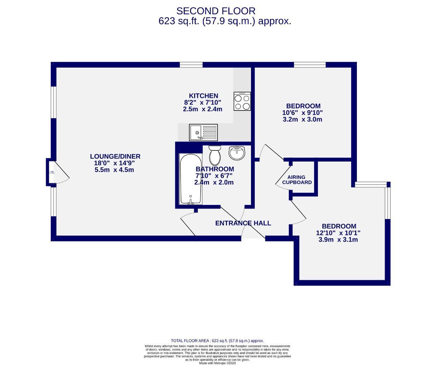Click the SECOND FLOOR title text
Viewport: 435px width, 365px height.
(x=216, y=11)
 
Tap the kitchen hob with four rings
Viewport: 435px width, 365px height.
(x=242, y=101)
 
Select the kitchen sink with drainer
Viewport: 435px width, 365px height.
(x=203, y=132)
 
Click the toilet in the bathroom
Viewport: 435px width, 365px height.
(x=215, y=155)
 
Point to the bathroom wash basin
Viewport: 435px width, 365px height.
(x=237, y=153)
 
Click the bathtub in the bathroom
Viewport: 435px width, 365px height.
(x=191, y=179)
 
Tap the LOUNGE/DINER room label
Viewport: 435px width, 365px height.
(x=115, y=156)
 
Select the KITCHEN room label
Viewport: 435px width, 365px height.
(x=203, y=96)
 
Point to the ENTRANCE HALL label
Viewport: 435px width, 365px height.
(x=243, y=223)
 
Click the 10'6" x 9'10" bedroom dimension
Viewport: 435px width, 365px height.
(x=302, y=113)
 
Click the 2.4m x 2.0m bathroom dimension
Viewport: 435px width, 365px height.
(x=214, y=182)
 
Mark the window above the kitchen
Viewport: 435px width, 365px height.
(x=191, y=65)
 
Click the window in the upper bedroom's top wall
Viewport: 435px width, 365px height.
(x=310, y=65)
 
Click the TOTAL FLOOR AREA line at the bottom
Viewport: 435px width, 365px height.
(x=217, y=341)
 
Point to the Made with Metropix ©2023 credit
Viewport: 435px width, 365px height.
(x=217, y=363)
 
